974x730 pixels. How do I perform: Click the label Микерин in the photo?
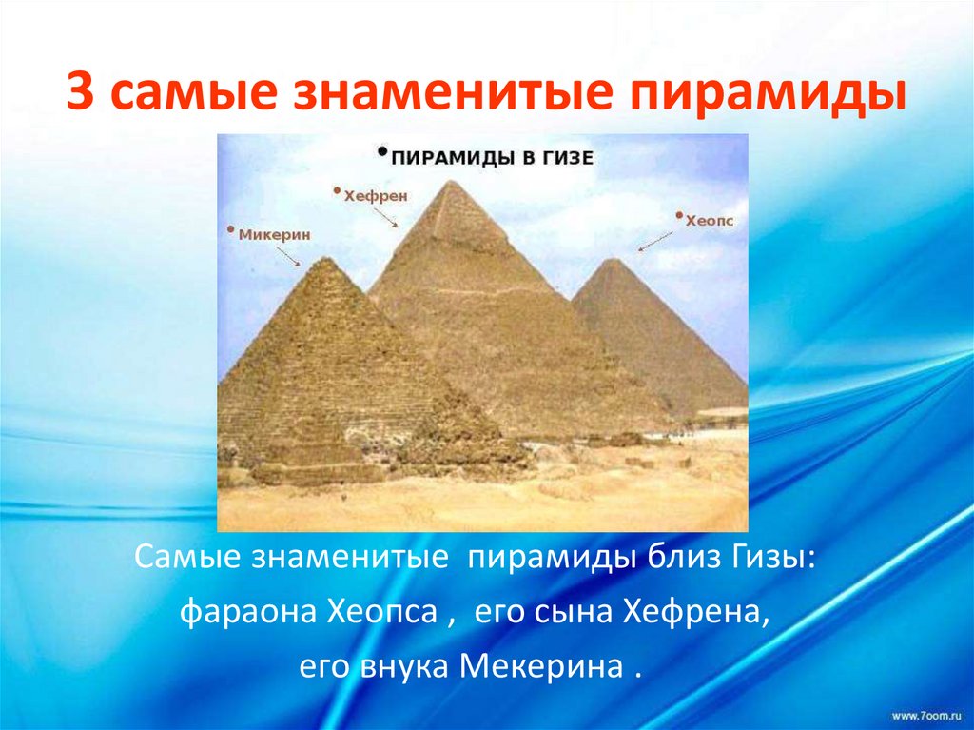click(x=273, y=232)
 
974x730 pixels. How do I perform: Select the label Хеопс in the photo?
click(x=709, y=218)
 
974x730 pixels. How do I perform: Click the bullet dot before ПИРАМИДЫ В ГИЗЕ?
click(x=382, y=150)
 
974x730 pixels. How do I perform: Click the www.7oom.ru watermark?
click(x=927, y=713)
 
